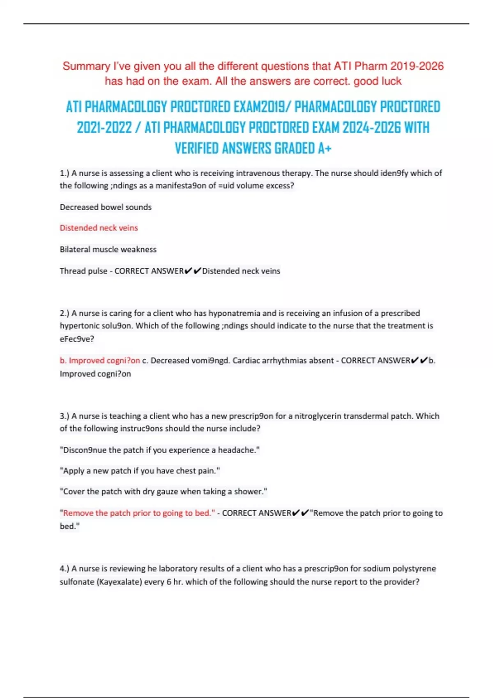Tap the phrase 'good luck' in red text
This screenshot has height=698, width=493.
[x=378, y=81]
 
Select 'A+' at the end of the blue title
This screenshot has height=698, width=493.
[x=325, y=148]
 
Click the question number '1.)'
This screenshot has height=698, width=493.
[x=65, y=173]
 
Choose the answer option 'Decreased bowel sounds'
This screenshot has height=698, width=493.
[x=106, y=207]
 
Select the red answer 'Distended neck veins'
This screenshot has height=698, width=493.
[x=99, y=228]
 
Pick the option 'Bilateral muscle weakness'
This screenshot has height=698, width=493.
[x=108, y=249]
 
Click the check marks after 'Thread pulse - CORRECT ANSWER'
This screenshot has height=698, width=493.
[x=193, y=271]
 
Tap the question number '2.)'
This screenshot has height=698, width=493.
[x=65, y=313]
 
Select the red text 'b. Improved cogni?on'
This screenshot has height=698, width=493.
[x=100, y=360]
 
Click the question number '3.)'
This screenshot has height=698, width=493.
[x=65, y=416]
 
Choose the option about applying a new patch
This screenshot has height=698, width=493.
[x=140, y=471]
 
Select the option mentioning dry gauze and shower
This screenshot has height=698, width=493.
[x=164, y=491]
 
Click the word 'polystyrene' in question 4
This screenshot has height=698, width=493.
[x=414, y=569]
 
